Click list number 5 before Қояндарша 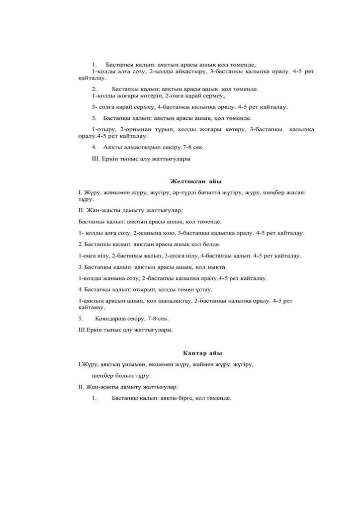click(80, 318)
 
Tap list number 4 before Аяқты click(93, 148)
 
